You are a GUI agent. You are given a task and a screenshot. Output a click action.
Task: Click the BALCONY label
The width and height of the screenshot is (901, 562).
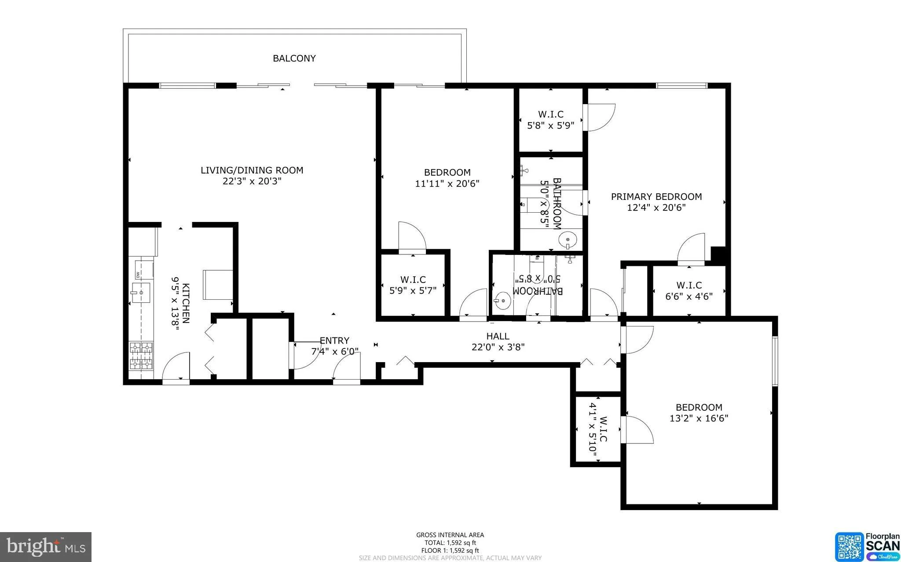tap(294, 58)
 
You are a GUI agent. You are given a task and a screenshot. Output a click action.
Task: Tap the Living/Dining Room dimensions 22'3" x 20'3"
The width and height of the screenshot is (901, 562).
tap(252, 181)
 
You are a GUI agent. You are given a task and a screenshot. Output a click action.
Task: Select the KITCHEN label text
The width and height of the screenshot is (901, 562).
tap(186, 303)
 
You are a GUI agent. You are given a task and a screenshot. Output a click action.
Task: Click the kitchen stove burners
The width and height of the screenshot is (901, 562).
tap(141, 356)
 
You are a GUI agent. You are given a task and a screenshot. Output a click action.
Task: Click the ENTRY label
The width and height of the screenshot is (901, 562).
tap(334, 341)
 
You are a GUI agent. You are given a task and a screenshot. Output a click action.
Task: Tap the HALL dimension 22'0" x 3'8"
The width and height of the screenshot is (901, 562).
tap(498, 347)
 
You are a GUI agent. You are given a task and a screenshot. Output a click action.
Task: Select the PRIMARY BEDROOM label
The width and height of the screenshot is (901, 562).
tap(656, 196)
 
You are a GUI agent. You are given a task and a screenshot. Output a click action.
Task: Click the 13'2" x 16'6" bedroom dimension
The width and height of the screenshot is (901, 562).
tap(699, 418)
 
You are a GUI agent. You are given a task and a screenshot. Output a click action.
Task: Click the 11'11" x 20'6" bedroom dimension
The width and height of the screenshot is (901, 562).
tap(447, 184)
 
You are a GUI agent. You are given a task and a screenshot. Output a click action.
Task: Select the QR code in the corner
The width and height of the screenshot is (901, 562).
tap(850, 547)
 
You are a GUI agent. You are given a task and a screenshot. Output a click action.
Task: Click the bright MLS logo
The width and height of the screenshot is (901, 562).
tap(46, 547)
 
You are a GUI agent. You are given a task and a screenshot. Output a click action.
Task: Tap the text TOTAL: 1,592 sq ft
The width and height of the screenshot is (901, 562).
tap(450, 543)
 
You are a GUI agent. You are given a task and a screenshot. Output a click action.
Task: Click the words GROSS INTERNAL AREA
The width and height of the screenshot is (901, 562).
tap(450, 535)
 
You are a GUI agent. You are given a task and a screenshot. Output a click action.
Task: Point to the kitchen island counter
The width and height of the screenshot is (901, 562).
tap(218, 285)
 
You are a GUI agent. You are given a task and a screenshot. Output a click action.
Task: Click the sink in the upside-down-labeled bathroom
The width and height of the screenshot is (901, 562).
tap(502, 301)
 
